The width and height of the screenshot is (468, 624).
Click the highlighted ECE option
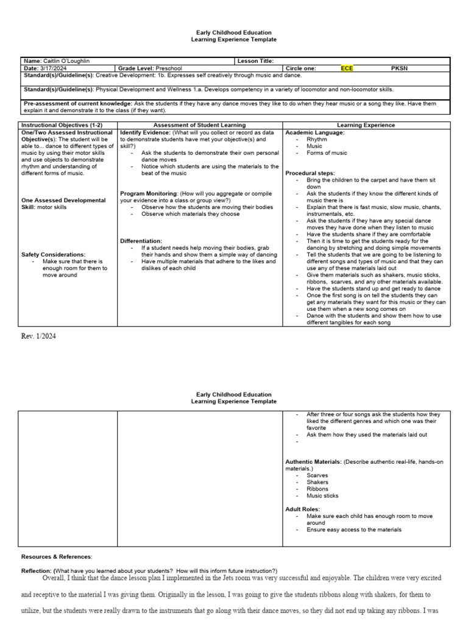(347, 68)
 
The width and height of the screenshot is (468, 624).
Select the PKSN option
(399, 68)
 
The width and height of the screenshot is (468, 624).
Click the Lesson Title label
(255, 61)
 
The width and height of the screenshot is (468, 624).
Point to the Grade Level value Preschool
(169, 68)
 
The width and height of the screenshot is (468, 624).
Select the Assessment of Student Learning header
(200, 125)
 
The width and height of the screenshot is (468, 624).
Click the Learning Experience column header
(366, 125)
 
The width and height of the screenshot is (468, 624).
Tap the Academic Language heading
(315, 132)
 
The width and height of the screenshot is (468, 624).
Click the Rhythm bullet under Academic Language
(317, 139)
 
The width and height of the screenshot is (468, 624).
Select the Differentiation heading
(141, 241)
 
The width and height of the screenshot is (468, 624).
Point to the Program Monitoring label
(150, 193)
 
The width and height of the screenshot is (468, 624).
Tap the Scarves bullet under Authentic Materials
(317, 475)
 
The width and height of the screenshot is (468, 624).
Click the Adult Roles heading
(303, 508)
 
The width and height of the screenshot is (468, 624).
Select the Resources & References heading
(57, 556)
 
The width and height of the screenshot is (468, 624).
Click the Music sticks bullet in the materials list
(323, 495)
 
